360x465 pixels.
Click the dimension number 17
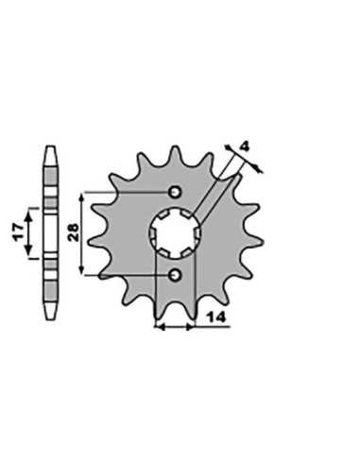[x=18, y=232]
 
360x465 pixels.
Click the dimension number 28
[x=74, y=232]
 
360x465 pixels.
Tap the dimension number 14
[x=216, y=318]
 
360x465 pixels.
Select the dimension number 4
[x=245, y=146]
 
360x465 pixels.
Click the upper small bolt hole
[x=175, y=192]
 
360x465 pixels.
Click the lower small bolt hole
[x=175, y=275]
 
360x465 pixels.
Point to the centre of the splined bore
[x=175, y=233]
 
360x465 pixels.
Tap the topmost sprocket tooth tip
[x=175, y=146]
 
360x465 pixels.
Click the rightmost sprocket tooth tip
[x=262, y=241]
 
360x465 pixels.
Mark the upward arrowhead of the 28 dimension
[x=81, y=198]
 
